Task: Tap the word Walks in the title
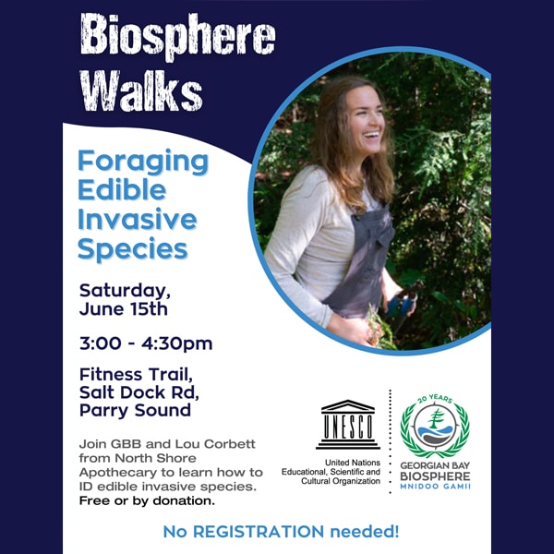[141, 90]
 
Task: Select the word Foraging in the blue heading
[143, 163]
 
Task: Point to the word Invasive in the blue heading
[137, 219]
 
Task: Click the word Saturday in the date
[125, 291]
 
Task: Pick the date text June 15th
[124, 308]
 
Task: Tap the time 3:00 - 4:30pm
[146, 343]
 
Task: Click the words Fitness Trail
[136, 375]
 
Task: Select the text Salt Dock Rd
[139, 392]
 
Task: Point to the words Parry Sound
[135, 411]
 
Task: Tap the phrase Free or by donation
[147, 501]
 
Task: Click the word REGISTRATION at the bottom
[259, 532]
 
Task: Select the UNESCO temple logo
[348, 425]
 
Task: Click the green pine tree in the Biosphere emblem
[436, 418]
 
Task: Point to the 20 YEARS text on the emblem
[435, 399]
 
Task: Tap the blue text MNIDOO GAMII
[435, 487]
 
